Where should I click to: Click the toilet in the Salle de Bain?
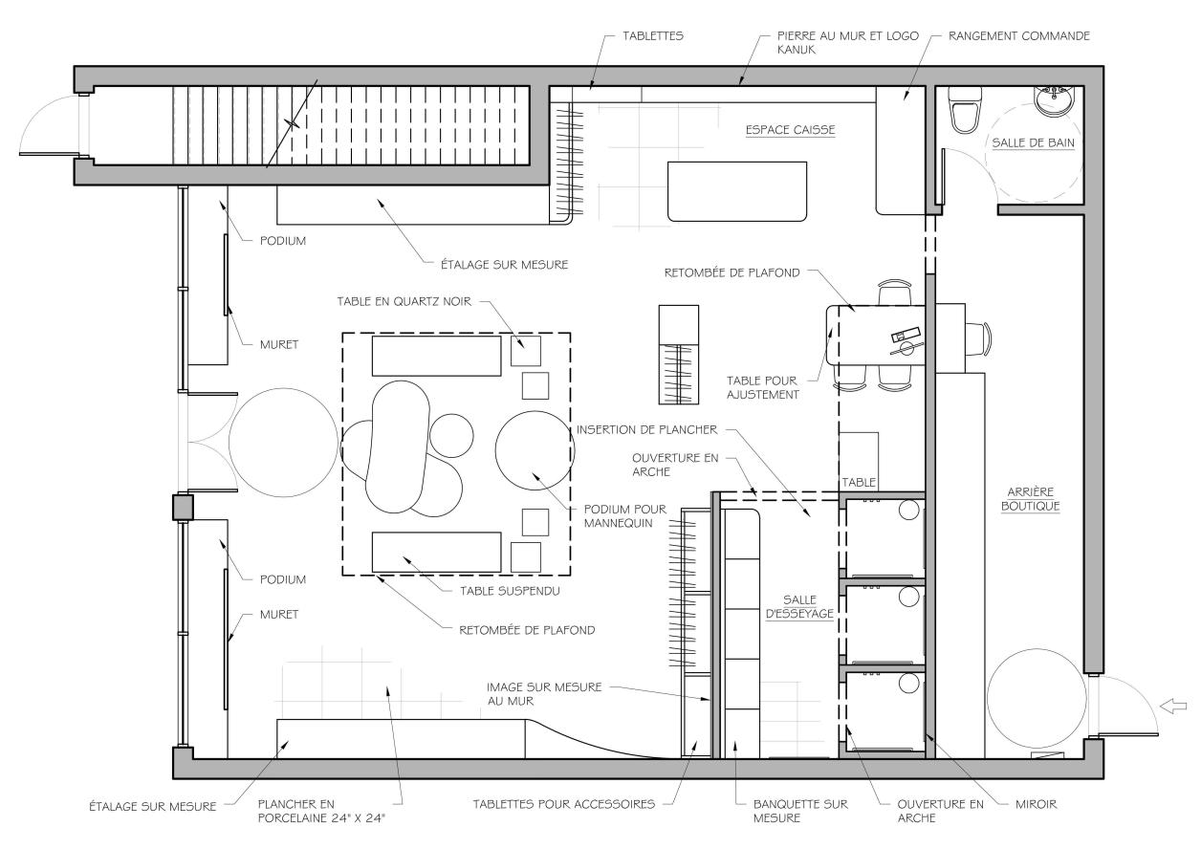click(965, 110)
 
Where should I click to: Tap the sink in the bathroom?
click(1054, 100)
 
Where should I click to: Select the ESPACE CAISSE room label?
click(790, 130)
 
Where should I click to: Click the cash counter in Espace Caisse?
click(737, 191)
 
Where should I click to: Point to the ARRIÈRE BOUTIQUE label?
click(1031, 499)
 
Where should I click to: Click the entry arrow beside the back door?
click(1173, 707)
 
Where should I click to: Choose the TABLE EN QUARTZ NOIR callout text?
click(404, 302)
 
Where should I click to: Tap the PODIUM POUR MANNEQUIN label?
click(625, 516)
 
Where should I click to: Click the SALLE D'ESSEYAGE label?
click(799, 607)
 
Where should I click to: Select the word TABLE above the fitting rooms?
click(859, 483)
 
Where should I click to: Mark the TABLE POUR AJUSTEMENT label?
click(762, 388)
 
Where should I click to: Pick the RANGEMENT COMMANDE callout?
click(1019, 36)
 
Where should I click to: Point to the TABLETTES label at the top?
click(653, 36)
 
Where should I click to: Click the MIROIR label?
click(1037, 804)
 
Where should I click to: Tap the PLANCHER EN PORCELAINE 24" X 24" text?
click(321, 811)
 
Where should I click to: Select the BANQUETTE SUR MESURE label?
click(800, 811)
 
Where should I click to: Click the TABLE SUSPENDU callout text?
click(510, 591)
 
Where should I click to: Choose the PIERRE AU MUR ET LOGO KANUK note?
click(848, 43)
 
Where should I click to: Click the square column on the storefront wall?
click(183, 507)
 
